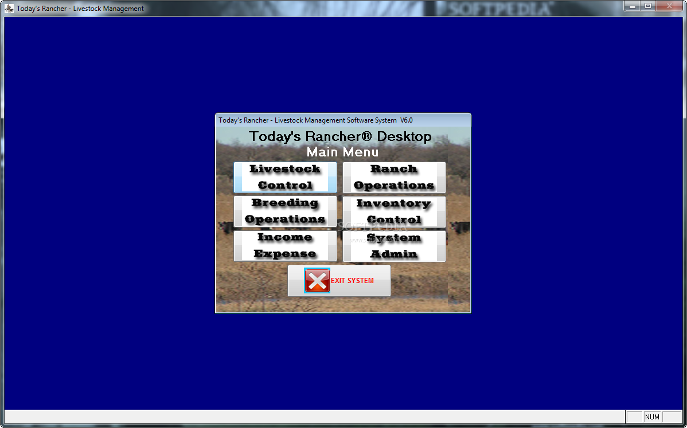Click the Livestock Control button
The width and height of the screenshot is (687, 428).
tap(285, 177)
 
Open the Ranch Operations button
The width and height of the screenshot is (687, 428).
tap(394, 177)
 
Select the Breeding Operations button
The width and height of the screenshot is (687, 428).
tap(285, 211)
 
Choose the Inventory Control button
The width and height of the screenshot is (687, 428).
tap(394, 211)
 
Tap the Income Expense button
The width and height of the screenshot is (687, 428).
tap(285, 246)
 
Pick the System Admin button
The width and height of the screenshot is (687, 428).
tap(394, 246)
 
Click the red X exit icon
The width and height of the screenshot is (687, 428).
tap(317, 281)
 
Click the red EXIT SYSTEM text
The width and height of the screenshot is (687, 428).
tap(352, 281)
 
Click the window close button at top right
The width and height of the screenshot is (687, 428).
tap(669, 6)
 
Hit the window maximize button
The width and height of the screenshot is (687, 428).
tap(647, 6)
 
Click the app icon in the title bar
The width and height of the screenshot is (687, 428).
tap(9, 9)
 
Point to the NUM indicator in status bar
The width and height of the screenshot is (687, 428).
tap(653, 417)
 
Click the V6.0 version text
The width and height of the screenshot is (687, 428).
tap(406, 120)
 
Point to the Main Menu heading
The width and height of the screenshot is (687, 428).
tap(342, 152)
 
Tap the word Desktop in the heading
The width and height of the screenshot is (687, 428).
tap(404, 136)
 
